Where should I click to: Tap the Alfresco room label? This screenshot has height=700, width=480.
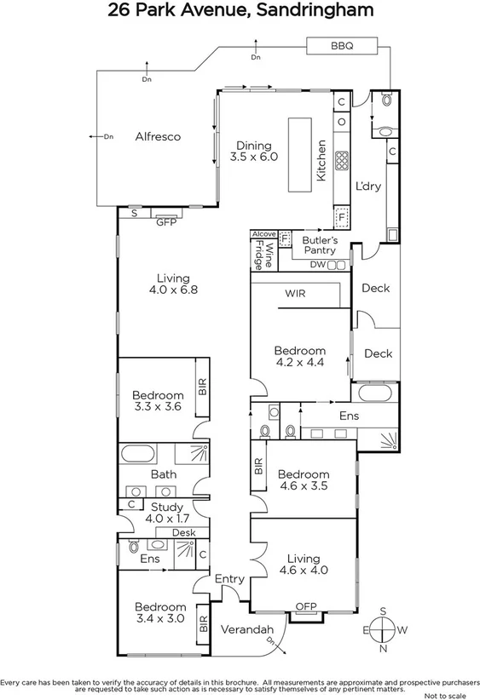[158, 136]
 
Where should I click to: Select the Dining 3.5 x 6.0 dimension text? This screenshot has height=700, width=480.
[257, 157]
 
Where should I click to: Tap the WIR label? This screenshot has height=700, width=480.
[296, 294]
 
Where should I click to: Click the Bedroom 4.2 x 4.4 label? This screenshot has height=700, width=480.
[299, 357]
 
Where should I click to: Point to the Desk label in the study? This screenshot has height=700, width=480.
[183, 533]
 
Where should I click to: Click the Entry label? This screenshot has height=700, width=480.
[229, 579]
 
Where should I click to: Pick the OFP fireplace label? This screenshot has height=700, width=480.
[305, 606]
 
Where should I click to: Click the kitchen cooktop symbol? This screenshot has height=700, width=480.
[343, 160]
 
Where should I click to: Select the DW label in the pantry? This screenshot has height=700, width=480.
[317, 265]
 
